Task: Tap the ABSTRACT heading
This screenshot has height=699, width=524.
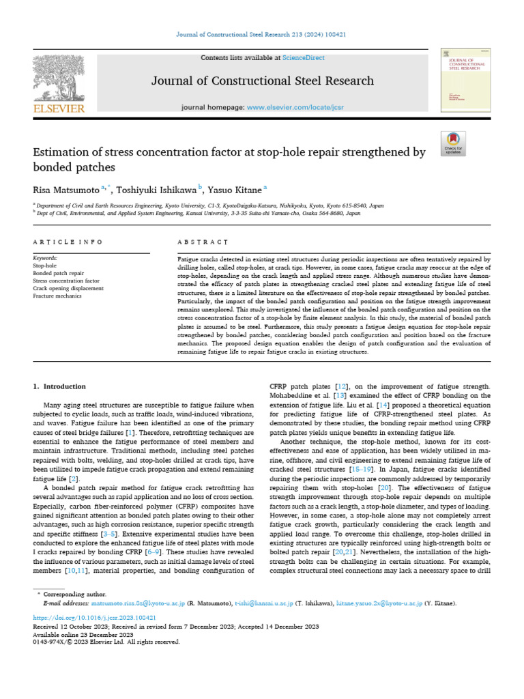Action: (202, 242)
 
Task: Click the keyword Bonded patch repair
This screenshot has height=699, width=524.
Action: (59, 273)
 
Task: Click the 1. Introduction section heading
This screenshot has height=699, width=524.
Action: (60, 386)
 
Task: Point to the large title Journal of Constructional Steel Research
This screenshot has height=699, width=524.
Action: (262, 81)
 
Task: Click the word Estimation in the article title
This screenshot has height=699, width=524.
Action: (63, 152)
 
